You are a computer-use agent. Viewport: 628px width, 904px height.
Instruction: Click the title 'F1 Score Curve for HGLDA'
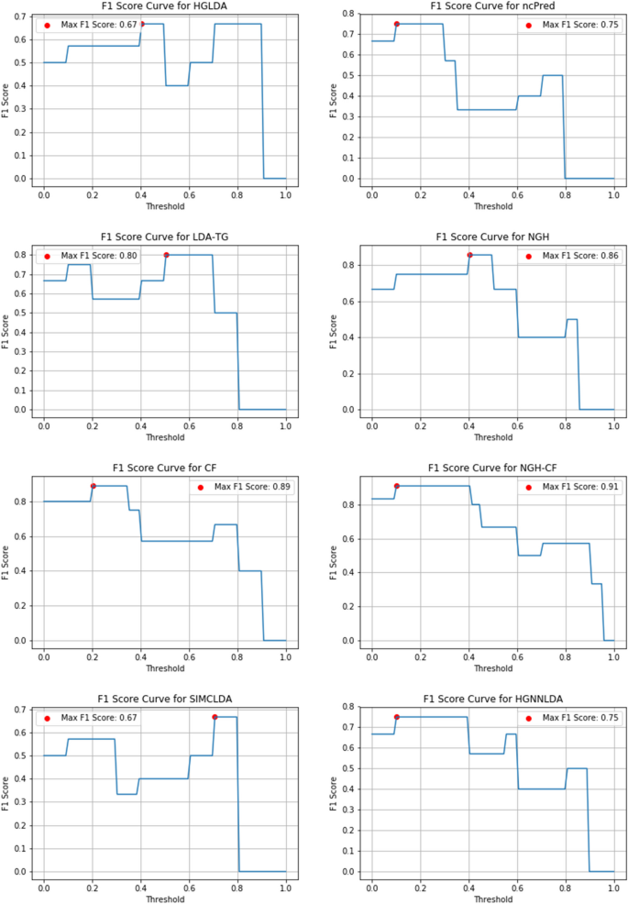click(164, 6)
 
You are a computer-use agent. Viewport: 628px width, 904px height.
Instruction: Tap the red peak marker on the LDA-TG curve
click(166, 255)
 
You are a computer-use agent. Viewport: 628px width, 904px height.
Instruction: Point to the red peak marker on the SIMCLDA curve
click(215, 717)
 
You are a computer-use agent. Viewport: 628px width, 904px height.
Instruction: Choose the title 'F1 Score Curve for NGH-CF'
click(492, 468)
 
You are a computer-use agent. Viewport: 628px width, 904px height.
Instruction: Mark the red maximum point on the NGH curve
click(469, 255)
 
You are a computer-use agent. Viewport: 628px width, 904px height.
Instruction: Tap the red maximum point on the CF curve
click(93, 486)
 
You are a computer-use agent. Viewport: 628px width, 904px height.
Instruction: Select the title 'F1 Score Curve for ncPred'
click(492, 6)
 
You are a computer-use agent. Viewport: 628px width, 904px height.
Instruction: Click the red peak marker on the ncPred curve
click(397, 24)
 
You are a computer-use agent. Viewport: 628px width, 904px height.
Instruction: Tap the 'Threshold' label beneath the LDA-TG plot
click(164, 436)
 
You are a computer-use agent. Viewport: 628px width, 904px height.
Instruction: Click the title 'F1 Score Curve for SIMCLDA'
click(164, 699)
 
